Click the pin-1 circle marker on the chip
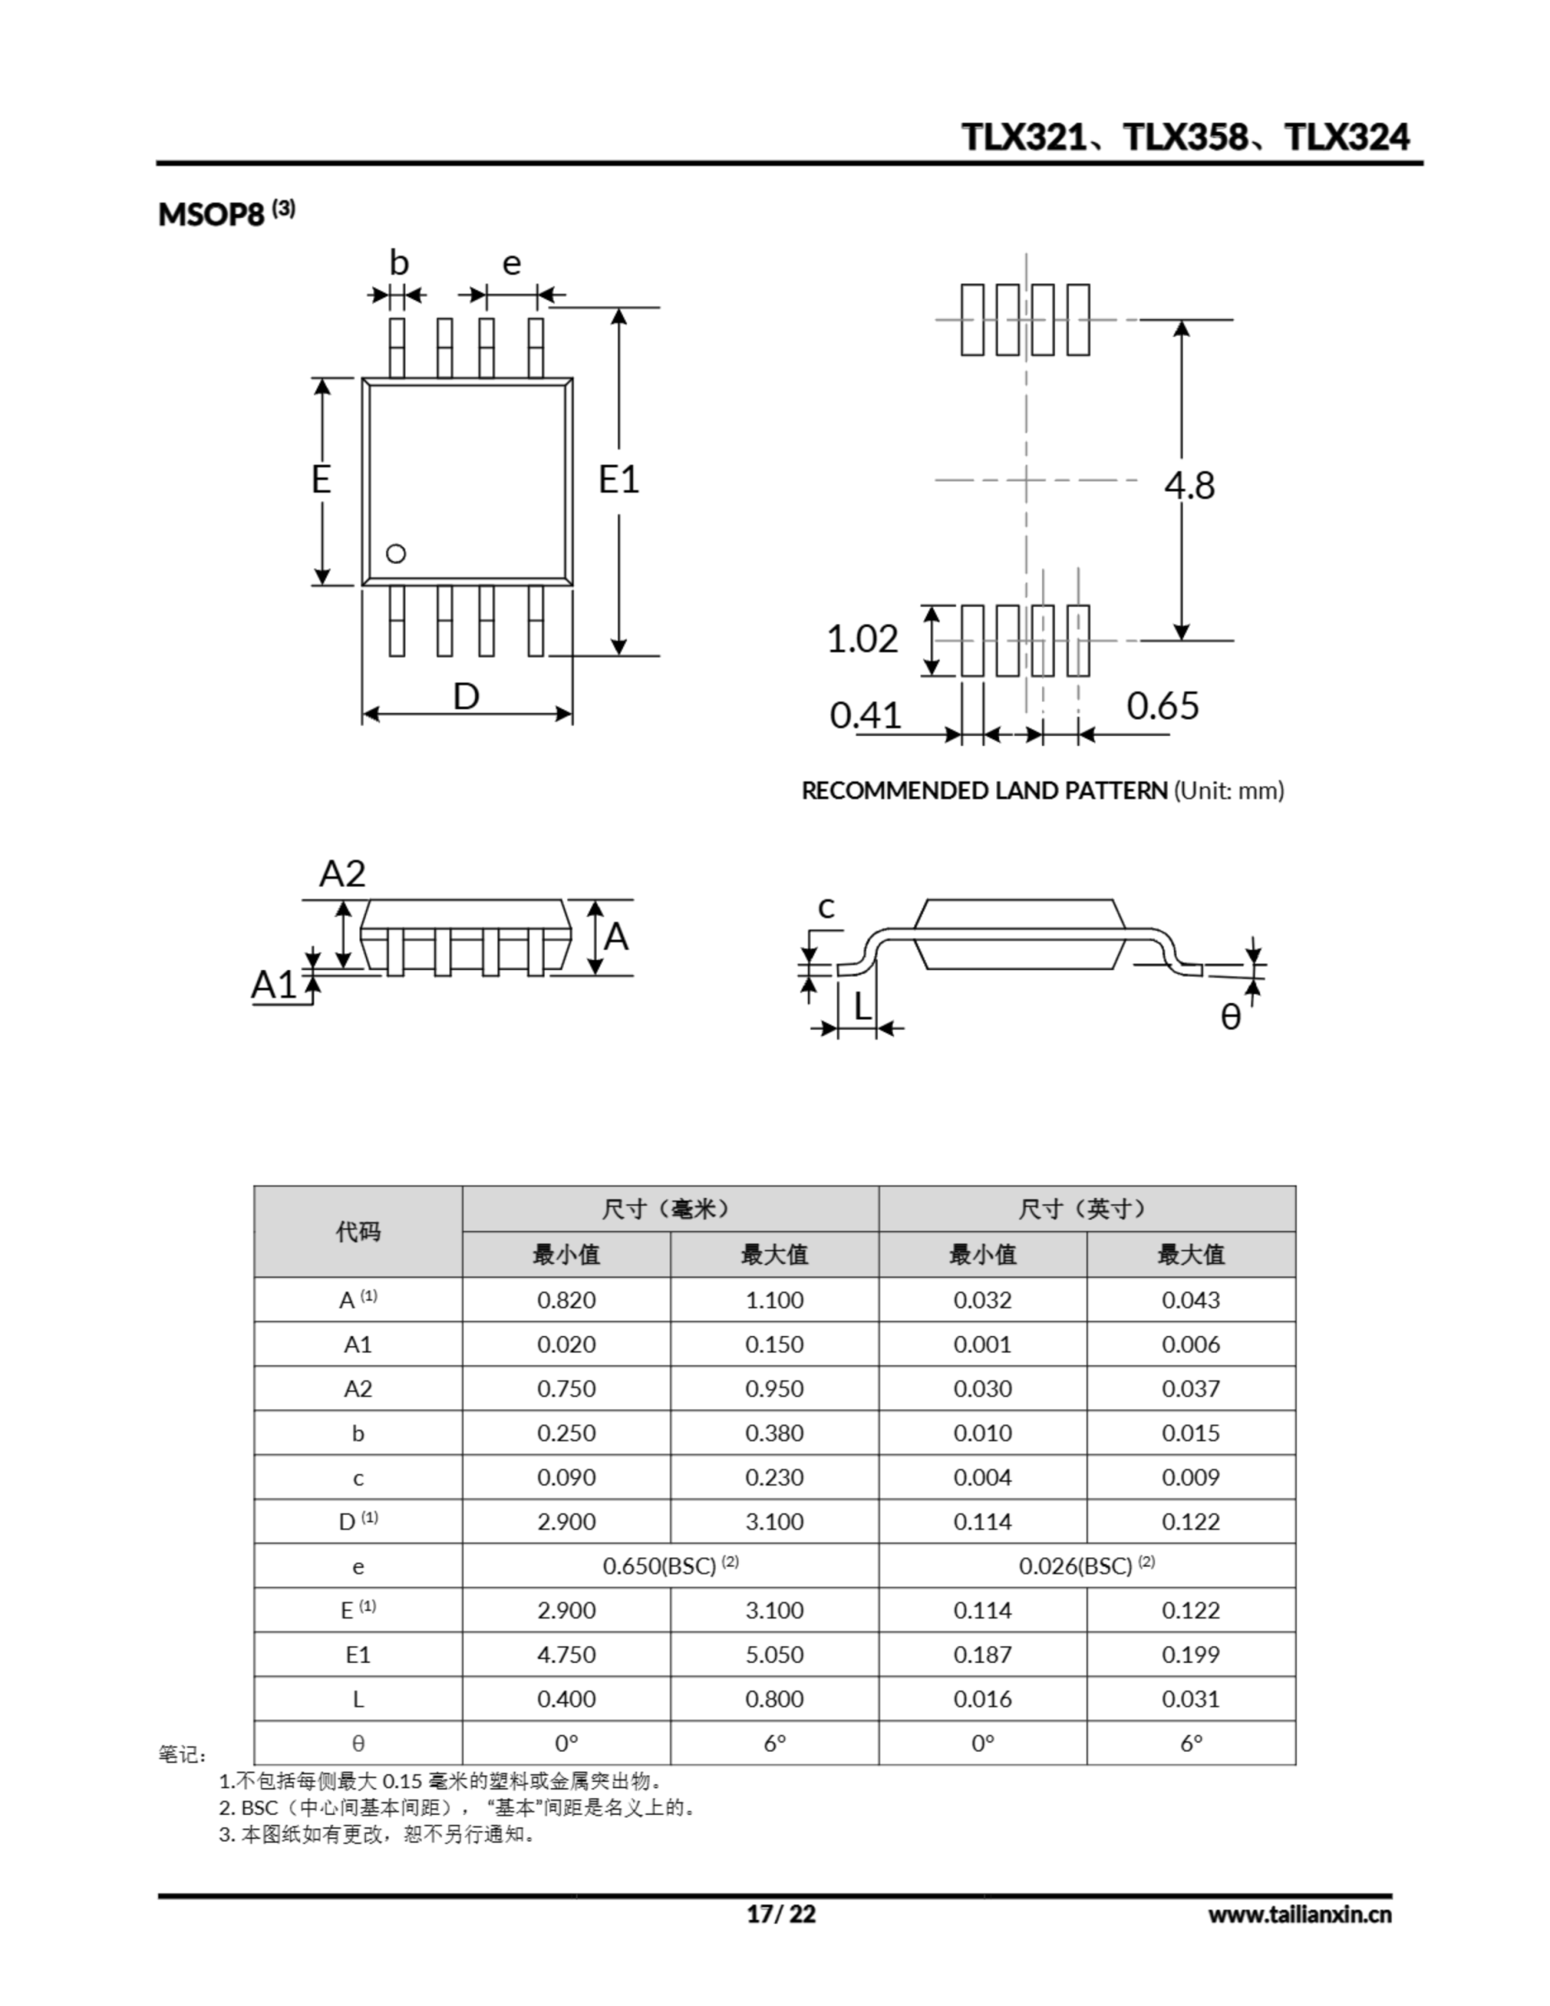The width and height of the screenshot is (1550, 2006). pyautogui.click(x=396, y=554)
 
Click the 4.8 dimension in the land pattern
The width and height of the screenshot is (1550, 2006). pyautogui.click(x=1190, y=485)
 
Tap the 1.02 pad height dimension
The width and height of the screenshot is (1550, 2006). pyautogui.click(x=862, y=639)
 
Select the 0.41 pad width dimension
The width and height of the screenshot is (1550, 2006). pyautogui.click(x=864, y=715)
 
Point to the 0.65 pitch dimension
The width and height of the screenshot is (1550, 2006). pyautogui.click(x=1162, y=706)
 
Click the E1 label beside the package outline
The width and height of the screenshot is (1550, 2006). pyautogui.click(x=618, y=480)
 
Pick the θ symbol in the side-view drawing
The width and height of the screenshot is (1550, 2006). pyautogui.click(x=1230, y=1017)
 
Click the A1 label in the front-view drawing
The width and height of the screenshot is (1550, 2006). pyautogui.click(x=273, y=985)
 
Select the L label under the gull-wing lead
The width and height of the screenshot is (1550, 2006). pyautogui.click(x=862, y=1008)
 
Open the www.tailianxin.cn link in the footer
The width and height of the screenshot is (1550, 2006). pyautogui.click(x=1299, y=1914)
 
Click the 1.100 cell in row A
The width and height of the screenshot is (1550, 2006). pyautogui.click(x=773, y=1300)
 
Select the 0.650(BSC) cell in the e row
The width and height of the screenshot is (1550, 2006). pyautogui.click(x=670, y=1566)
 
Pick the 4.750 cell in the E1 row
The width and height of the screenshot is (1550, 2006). pyautogui.click(x=566, y=1654)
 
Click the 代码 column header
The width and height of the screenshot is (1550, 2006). pyautogui.click(x=357, y=1231)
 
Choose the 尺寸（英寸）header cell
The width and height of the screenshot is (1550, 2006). pyautogui.click(x=1086, y=1209)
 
